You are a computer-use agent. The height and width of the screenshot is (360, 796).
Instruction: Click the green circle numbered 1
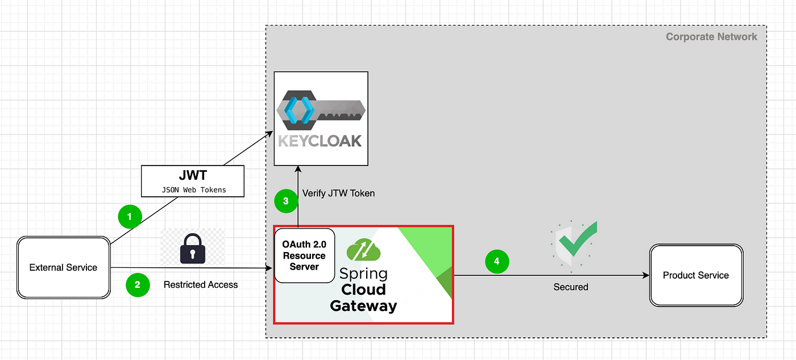point(130,217)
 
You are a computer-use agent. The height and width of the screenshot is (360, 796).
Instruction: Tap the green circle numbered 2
point(138,285)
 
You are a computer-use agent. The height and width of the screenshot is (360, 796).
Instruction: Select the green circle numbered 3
point(286,201)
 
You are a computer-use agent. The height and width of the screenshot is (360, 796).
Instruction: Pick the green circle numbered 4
point(497,262)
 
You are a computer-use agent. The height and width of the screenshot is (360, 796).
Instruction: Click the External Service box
point(64,268)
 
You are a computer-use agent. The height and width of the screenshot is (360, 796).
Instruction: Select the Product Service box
point(696,275)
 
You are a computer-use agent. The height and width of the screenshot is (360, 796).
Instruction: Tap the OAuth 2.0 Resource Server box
point(305,255)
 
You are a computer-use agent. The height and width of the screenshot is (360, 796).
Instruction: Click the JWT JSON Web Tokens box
point(193,181)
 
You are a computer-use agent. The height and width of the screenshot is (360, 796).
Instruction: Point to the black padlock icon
point(193,249)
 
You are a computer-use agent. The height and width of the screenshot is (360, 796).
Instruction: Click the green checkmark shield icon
point(574,245)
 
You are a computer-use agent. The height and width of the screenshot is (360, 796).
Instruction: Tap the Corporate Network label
point(711,36)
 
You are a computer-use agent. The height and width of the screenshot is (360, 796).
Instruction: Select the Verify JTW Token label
point(338,193)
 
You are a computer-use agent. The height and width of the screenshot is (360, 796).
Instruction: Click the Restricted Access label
point(201,285)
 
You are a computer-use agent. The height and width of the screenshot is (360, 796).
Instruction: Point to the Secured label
point(571,287)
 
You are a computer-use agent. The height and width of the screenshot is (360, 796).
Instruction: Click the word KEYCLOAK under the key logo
point(320,141)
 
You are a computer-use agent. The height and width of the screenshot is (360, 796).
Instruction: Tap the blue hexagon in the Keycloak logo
point(299,110)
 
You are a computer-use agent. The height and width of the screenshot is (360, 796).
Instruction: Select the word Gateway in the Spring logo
point(363,307)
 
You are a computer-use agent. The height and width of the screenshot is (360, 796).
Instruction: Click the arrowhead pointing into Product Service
point(646,275)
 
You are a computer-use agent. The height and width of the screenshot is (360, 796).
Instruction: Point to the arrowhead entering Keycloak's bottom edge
point(298,169)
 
